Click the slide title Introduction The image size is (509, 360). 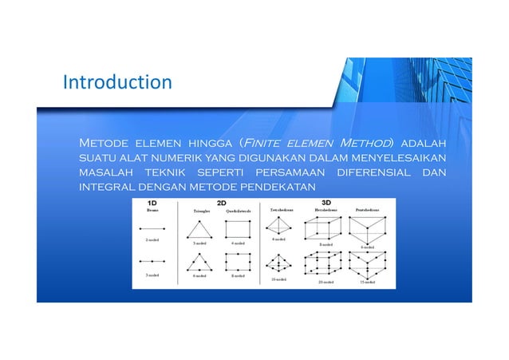(117, 82)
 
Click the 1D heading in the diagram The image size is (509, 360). (152, 203)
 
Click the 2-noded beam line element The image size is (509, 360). (152, 228)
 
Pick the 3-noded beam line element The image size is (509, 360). (152, 261)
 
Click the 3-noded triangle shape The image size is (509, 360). (199, 230)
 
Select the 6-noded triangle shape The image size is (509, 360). (199, 263)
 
